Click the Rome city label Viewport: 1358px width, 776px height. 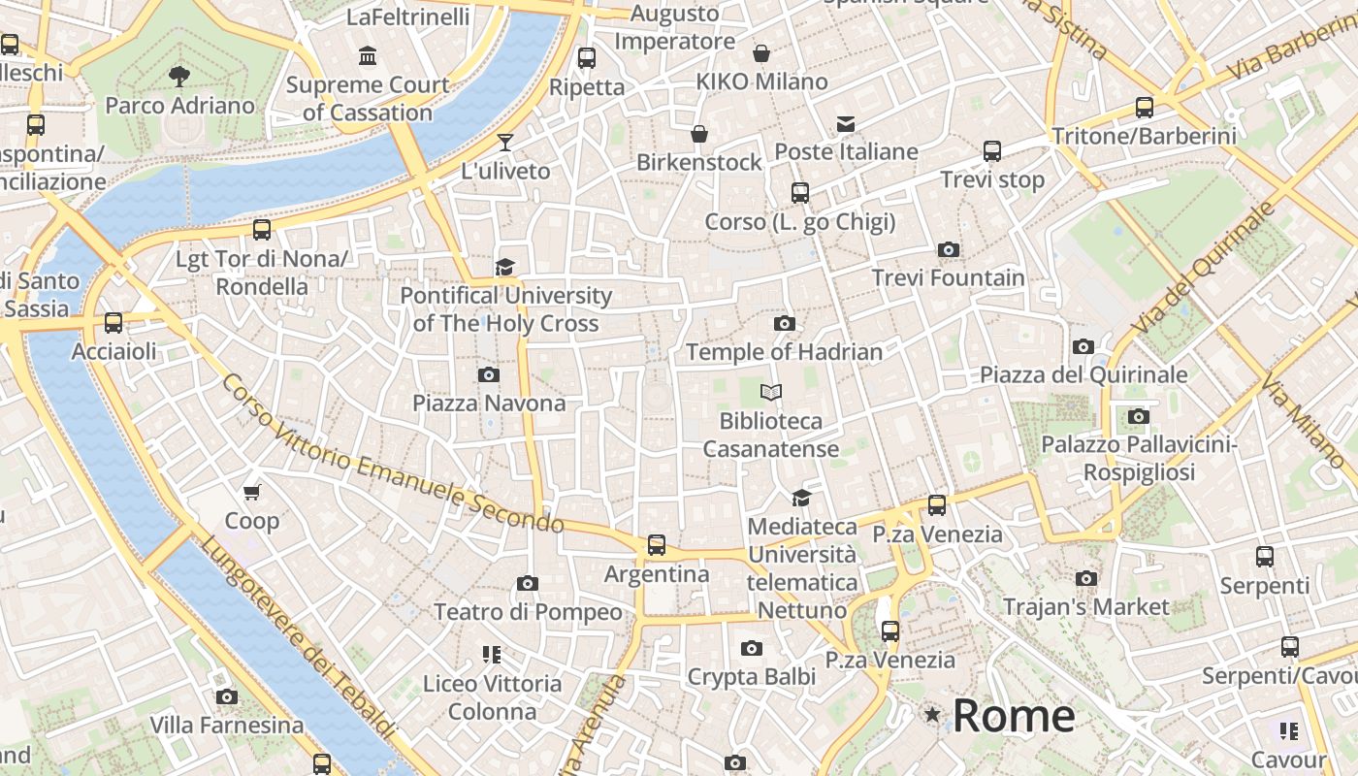1014,716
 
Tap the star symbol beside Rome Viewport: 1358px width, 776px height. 932,715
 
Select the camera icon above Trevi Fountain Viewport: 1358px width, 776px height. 949,249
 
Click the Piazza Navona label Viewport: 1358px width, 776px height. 489,403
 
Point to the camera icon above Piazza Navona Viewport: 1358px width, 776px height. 489,374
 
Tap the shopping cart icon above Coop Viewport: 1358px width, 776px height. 252,493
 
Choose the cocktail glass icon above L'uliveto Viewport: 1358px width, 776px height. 504,143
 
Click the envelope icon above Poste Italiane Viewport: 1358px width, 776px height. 846,123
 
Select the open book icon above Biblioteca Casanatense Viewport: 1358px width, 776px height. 771,393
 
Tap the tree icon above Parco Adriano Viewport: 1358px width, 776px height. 179,76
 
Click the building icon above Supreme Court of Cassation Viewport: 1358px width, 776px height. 368,56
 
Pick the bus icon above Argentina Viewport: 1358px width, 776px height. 657,545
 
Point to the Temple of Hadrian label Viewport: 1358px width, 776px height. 784,352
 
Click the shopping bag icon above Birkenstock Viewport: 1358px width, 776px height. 699,134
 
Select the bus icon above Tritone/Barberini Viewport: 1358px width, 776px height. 1145,108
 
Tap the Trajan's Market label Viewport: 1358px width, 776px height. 1086,607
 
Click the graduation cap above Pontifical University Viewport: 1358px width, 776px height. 504,267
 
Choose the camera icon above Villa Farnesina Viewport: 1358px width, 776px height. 227,696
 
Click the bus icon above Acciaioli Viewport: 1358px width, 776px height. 113,323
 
